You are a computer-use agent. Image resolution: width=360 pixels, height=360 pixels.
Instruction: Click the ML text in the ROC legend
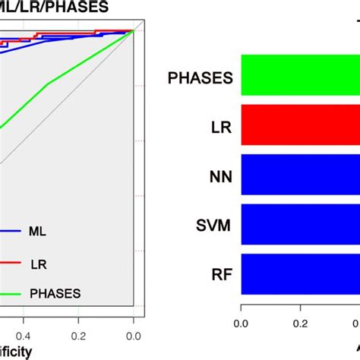pos(36,229)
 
